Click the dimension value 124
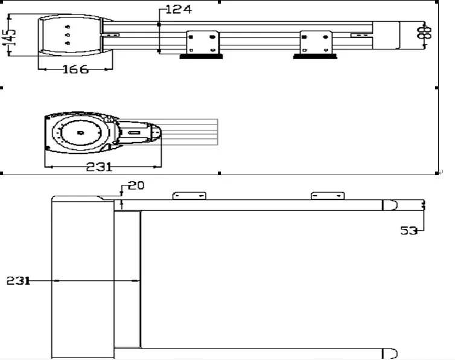tap(178, 9)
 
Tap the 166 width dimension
tap(75, 69)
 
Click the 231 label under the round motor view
tap(99, 167)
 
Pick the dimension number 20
tap(136, 185)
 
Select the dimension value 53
tap(409, 230)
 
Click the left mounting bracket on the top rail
tap(202, 42)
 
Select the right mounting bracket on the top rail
tap(316, 42)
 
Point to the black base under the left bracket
tap(200, 57)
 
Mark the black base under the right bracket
tap(314, 57)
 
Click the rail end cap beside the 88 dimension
tap(386, 35)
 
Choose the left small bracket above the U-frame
tap(189, 196)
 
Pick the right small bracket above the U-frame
tap(328, 196)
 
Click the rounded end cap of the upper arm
tap(389, 205)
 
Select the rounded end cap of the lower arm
tap(389, 352)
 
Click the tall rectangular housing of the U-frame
tap(82, 278)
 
